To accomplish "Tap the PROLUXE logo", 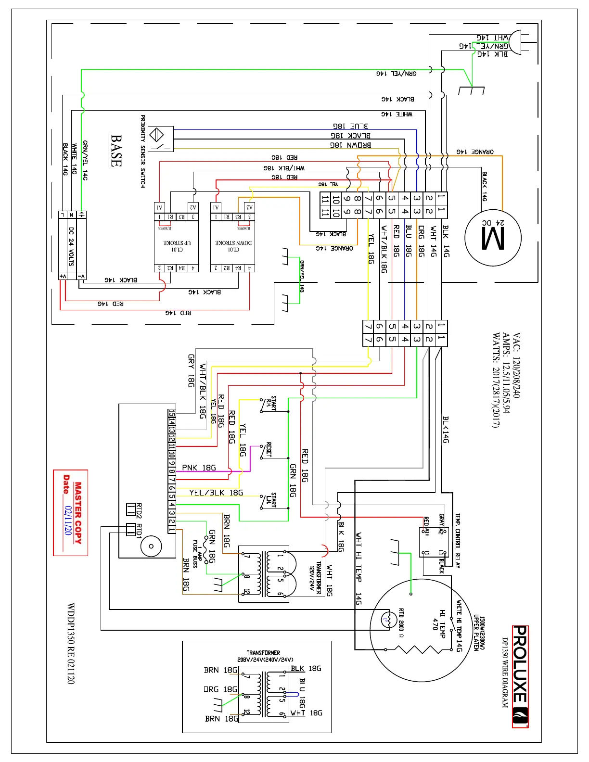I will tap(520, 675).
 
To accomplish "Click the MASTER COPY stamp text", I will tap(78, 513).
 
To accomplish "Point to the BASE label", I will tap(116, 151).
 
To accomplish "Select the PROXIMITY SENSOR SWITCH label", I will tap(143, 151).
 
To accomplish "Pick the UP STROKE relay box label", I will tap(177, 246).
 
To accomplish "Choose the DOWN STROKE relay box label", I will tap(233, 246).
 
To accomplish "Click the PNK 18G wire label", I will tap(199, 468).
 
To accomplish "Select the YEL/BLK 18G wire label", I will tap(216, 493).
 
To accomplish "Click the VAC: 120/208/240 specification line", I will tap(516, 365).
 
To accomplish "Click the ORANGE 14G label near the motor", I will tap(475, 152).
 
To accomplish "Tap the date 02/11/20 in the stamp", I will tap(68, 521).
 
